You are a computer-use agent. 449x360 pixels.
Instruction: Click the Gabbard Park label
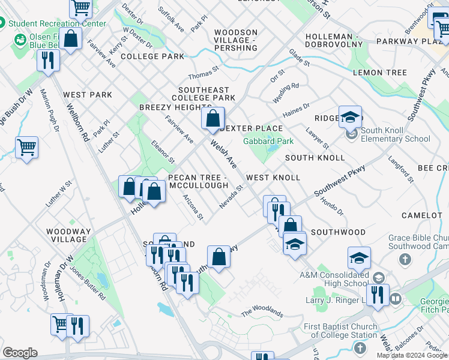tap(268, 141)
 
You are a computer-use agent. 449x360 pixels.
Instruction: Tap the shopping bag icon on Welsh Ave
tap(212, 119)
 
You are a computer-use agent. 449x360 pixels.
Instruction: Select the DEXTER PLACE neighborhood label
tap(252, 128)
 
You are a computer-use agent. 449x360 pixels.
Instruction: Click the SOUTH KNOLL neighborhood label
tap(315, 158)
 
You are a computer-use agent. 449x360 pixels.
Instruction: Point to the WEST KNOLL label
tap(273, 178)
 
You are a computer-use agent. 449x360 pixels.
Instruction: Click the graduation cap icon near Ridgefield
tap(350, 118)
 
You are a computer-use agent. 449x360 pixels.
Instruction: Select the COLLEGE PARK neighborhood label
tap(152, 56)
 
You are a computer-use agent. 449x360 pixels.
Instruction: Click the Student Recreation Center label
tap(56, 23)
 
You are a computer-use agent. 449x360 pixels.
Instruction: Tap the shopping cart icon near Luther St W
tap(26, 147)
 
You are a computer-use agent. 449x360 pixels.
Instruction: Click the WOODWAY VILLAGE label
tap(69, 235)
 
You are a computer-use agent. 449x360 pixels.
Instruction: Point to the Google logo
tap(20, 353)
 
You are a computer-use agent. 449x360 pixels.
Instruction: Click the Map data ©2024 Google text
tap(412, 355)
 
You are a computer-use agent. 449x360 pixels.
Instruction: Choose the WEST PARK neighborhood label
tap(88, 95)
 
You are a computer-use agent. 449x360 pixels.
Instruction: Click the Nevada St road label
tap(231, 197)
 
